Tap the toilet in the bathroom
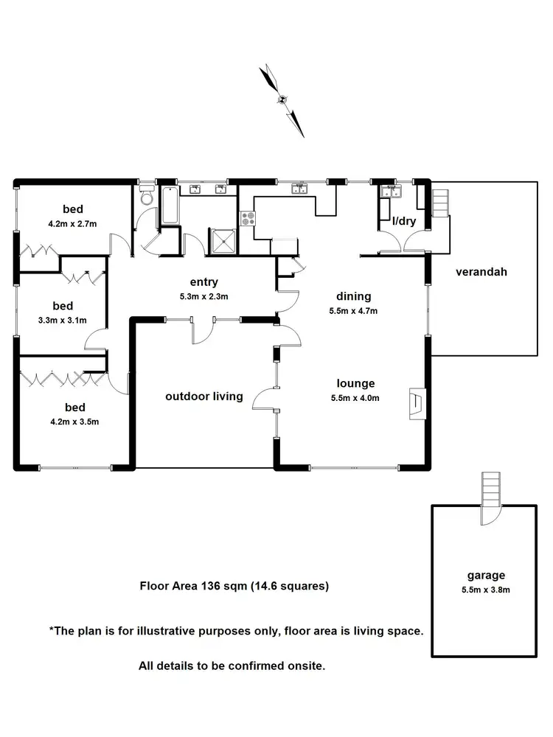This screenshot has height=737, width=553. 146,197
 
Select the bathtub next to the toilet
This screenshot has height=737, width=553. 169,205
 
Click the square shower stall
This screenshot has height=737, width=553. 223,239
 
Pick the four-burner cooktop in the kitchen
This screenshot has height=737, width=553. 247,219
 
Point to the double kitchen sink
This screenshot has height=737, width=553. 299,189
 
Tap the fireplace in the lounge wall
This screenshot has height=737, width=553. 417,404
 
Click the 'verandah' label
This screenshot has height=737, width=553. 481,271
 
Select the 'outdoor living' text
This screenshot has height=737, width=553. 204,397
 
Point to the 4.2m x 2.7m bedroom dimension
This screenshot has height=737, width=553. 73,223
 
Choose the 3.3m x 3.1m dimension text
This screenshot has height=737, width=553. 63,320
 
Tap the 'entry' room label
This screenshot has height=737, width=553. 204,282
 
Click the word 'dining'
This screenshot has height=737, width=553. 353,296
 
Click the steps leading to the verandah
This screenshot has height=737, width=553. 439,203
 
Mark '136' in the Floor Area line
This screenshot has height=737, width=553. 210,587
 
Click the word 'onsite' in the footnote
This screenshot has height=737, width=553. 306,666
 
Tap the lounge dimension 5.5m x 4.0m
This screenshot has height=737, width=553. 357,398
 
